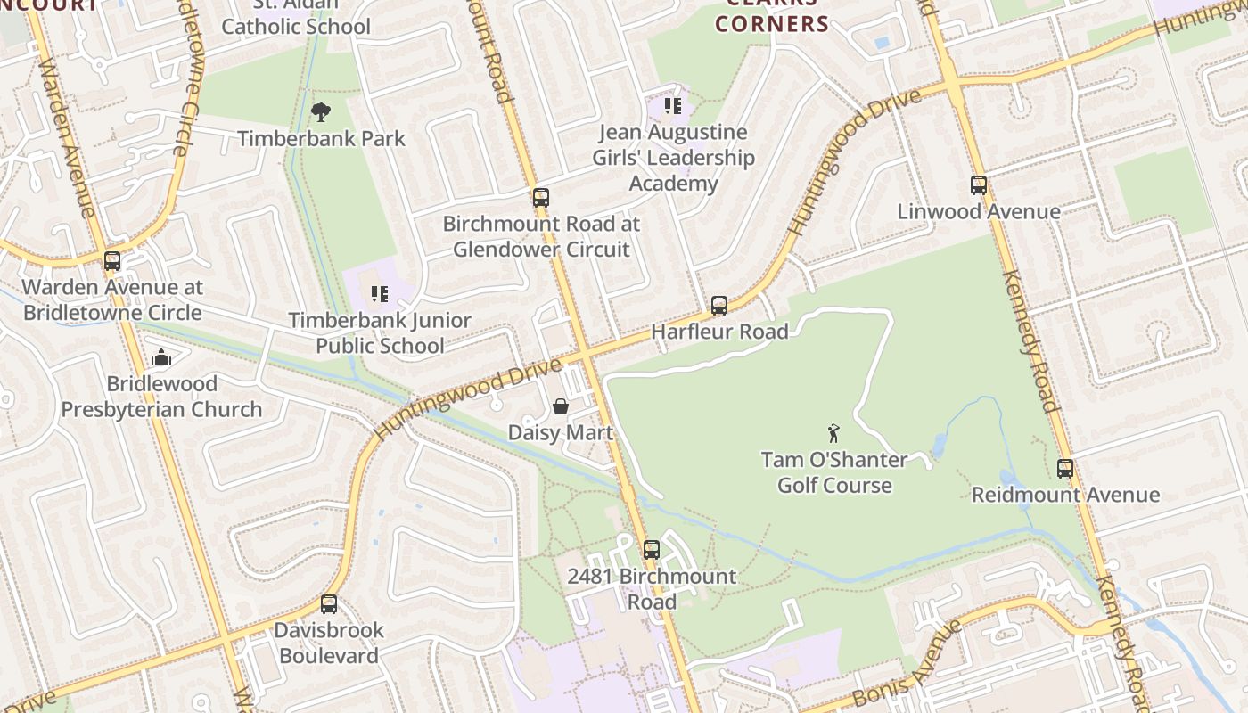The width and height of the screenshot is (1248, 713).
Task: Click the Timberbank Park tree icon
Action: (x=321, y=112)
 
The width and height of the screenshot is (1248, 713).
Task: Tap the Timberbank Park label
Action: (x=321, y=139)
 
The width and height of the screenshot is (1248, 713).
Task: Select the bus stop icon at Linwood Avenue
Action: (x=979, y=185)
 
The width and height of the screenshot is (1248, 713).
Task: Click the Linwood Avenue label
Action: (x=979, y=212)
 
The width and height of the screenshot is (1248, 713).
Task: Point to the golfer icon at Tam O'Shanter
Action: (x=833, y=433)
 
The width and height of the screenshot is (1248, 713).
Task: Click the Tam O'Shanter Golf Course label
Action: (x=834, y=472)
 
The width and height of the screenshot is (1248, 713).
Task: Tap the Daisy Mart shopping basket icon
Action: (x=561, y=406)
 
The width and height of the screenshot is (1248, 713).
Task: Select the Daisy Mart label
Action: (x=561, y=433)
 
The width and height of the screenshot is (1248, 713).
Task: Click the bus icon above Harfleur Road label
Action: (x=719, y=306)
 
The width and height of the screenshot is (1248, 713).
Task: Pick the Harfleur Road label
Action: (x=719, y=332)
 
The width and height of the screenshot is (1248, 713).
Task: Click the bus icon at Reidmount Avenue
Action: (x=1065, y=468)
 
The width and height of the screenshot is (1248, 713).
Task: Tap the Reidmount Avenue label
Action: (x=1065, y=495)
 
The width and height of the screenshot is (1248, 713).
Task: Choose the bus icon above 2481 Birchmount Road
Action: (x=652, y=550)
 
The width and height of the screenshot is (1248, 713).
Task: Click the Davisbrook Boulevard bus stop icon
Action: (x=329, y=603)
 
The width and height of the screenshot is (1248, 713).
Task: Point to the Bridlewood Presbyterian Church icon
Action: (x=161, y=357)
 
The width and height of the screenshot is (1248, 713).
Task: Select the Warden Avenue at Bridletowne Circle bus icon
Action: (x=112, y=261)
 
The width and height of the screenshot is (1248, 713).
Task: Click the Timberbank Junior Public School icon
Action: (x=380, y=293)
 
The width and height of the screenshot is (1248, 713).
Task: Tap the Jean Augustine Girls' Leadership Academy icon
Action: (x=673, y=106)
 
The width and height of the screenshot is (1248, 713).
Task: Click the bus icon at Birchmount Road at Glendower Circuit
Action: (x=541, y=197)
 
